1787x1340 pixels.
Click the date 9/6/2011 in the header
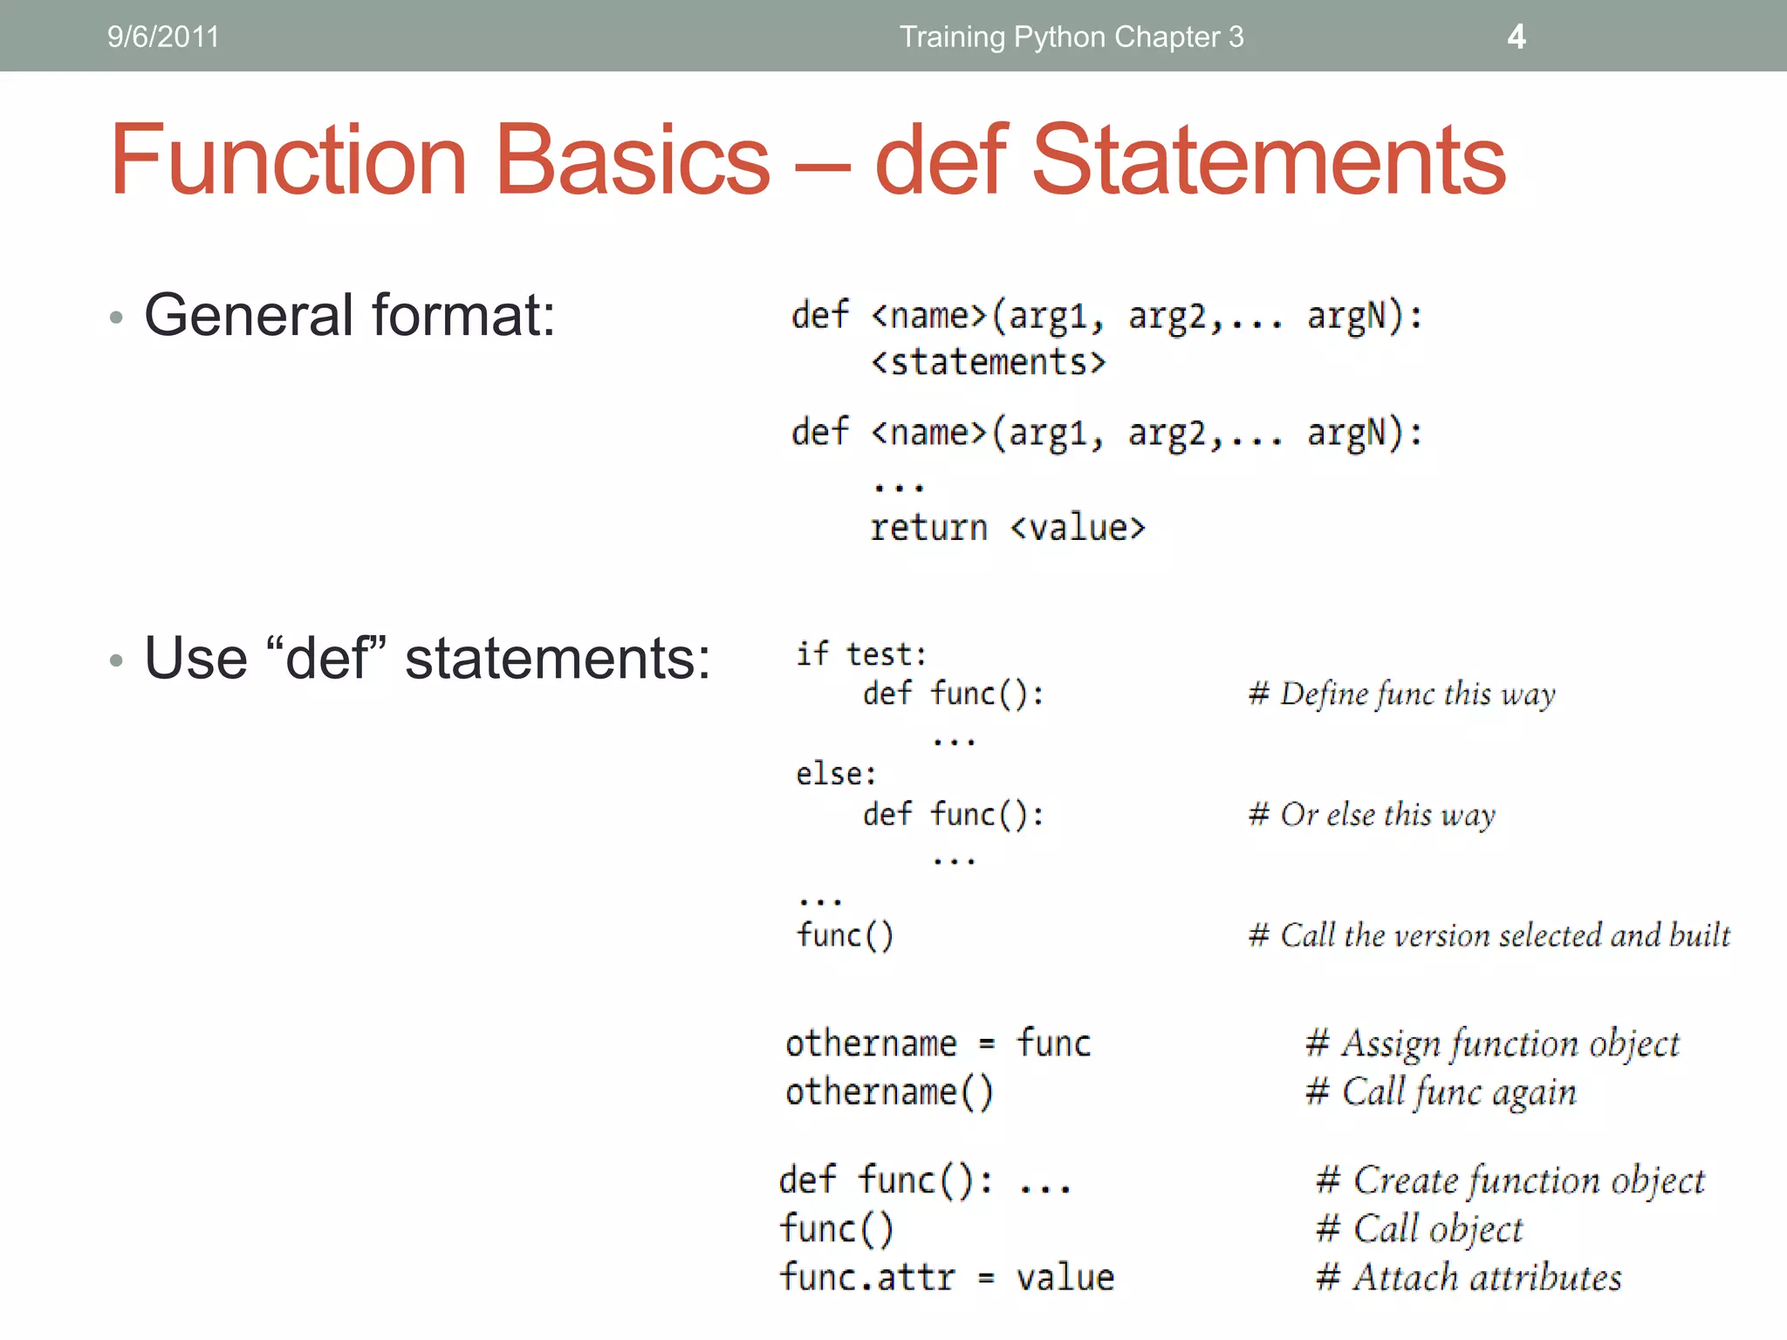point(163,37)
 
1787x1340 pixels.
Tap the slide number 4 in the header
point(1517,37)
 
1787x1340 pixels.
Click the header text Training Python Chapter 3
point(1072,37)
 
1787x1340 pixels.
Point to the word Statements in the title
point(1269,161)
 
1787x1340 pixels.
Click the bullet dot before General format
point(117,318)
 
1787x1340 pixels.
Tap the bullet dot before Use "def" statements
point(117,660)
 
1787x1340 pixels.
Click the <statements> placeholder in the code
point(988,362)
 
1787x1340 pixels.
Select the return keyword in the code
point(928,528)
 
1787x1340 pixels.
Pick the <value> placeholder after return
point(1078,528)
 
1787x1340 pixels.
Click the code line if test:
point(860,654)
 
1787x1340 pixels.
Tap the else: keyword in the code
point(835,774)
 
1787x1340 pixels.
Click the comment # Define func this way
point(1401,694)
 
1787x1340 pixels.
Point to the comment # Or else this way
point(1372,815)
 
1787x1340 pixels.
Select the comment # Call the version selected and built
point(1489,935)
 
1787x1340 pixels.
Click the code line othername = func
point(938,1043)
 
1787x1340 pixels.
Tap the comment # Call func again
point(1441,1092)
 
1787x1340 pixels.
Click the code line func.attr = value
point(947,1277)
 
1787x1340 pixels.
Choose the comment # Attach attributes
point(1469,1278)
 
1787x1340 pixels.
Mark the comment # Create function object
point(1510,1180)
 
